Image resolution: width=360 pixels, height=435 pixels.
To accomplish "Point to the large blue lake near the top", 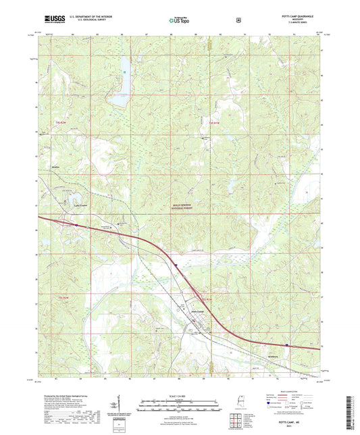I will pyautogui.click(x=121, y=80).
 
